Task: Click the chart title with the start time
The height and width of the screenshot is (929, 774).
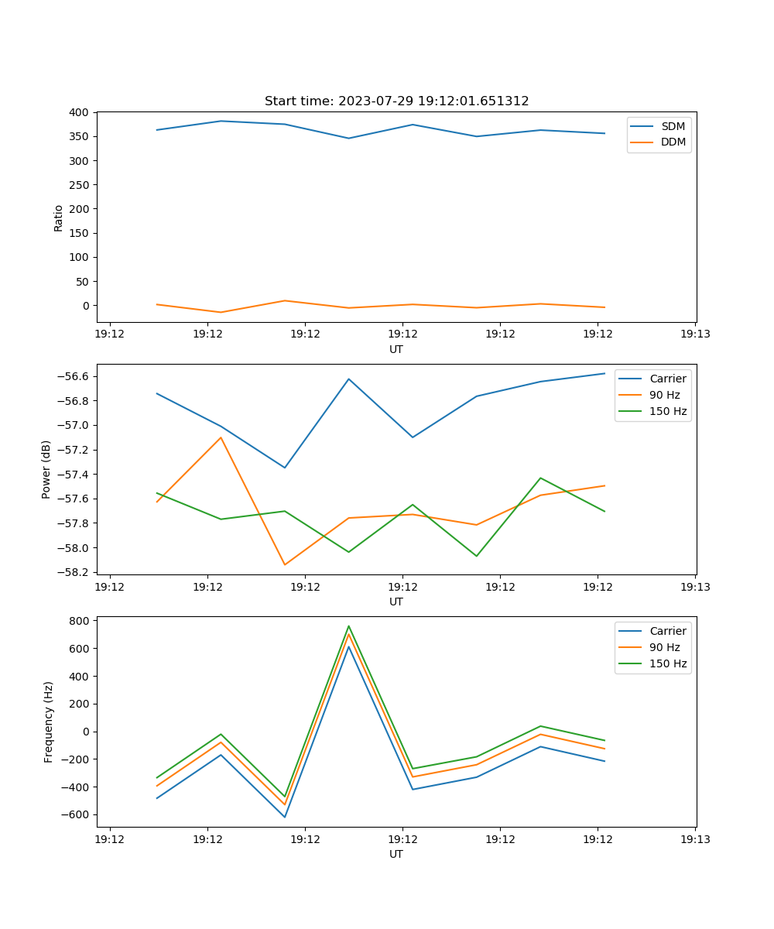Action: tap(396, 101)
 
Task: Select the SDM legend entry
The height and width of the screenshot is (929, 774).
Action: tap(673, 126)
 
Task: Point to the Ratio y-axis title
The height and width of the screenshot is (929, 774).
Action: tap(59, 218)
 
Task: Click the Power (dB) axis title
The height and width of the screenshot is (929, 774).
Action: tap(46, 469)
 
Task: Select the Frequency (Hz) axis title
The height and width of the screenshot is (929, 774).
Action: tap(49, 722)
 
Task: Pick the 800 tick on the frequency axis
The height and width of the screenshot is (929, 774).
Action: tap(80, 621)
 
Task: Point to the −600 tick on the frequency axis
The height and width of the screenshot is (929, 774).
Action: tap(77, 814)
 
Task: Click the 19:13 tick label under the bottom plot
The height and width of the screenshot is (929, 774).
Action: tap(694, 839)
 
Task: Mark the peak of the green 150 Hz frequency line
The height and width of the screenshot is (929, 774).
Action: tap(348, 626)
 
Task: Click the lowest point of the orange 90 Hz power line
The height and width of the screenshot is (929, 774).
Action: tap(285, 564)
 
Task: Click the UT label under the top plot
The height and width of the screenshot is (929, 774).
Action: tap(396, 349)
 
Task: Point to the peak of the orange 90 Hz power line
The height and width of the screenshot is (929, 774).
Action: tap(221, 437)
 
